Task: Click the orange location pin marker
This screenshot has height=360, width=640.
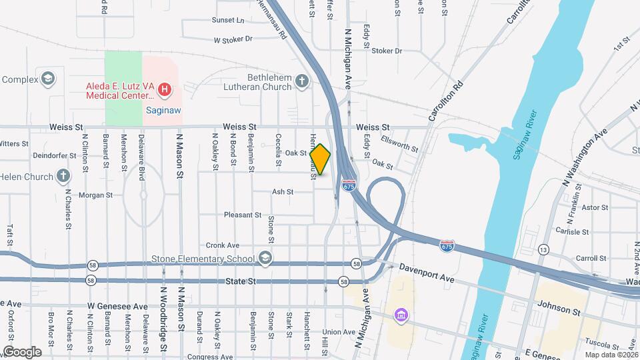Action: click(x=321, y=159)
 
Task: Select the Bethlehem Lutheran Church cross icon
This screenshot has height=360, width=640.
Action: click(x=302, y=82)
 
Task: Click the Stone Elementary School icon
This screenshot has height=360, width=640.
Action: click(x=265, y=259)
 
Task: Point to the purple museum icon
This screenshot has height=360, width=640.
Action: click(x=400, y=314)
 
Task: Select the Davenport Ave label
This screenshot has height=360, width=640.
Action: click(x=427, y=272)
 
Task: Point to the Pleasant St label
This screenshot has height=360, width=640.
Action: click(x=243, y=215)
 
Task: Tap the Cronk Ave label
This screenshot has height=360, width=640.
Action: click(x=223, y=245)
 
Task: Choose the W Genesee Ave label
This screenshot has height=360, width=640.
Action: click(x=117, y=307)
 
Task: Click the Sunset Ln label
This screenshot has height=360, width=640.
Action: click(x=228, y=21)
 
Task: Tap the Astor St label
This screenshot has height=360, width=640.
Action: click(x=595, y=208)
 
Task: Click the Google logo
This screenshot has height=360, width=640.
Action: click(x=21, y=351)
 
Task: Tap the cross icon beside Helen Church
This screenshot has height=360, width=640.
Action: click(x=63, y=177)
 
